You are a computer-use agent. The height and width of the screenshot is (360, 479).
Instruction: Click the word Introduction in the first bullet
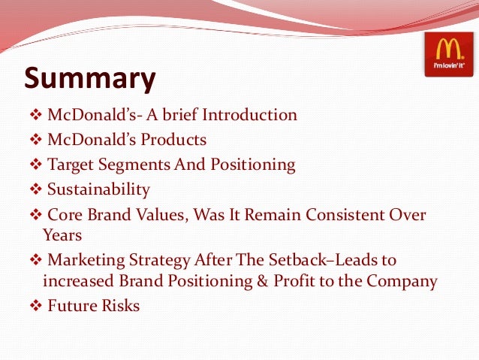pyautogui.click(x=252, y=116)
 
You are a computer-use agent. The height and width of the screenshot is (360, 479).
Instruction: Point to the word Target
pyautogui.click(x=70, y=165)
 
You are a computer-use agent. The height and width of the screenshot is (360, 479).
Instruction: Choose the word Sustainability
pyautogui.click(x=98, y=189)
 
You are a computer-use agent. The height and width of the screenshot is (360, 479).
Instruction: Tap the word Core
pyautogui.click(x=65, y=216)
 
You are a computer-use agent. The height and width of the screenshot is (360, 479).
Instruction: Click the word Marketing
pyautogui.click(x=84, y=260)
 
